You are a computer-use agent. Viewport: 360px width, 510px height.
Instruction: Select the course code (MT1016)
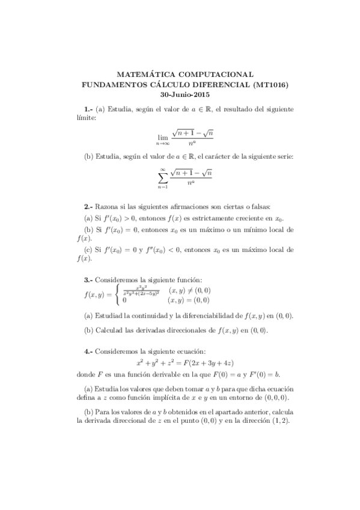click(267, 85)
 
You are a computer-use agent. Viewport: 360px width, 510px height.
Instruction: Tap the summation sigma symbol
click(162, 178)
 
